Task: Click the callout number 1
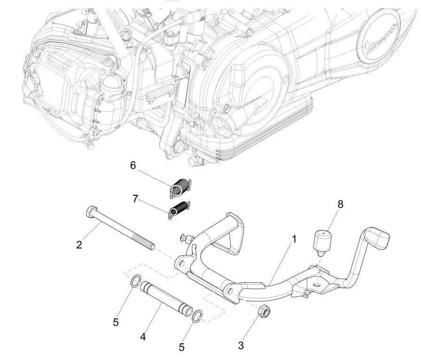tap(294, 239)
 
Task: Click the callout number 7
tap(135, 199)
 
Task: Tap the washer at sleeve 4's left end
tap(135, 282)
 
